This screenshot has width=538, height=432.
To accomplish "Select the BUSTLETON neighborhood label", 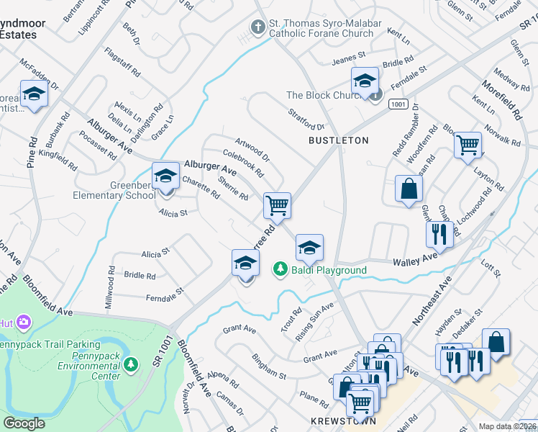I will click(338, 140).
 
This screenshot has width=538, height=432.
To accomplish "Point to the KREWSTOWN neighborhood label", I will click(343, 420).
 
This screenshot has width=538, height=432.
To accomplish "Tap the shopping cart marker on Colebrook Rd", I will click(277, 205).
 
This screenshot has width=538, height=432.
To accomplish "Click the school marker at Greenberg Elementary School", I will click(165, 176).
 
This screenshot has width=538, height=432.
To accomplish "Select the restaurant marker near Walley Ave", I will click(439, 233).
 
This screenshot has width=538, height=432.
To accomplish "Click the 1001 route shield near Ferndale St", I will click(399, 104).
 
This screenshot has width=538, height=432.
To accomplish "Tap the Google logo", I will click(24, 423).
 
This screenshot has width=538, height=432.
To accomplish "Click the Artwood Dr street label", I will click(252, 148).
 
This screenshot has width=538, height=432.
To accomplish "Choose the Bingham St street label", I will click(269, 366).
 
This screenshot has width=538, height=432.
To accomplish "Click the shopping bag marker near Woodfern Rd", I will click(409, 189).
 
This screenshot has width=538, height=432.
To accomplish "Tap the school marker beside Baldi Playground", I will click(309, 248).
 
